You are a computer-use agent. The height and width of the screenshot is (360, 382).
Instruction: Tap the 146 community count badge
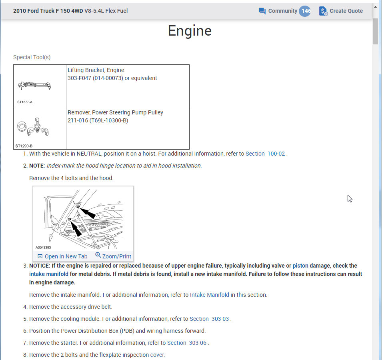tap(305, 11)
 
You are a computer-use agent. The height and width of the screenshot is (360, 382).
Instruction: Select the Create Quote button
tap(341, 11)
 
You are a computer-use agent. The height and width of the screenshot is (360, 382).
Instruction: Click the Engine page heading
tap(190, 31)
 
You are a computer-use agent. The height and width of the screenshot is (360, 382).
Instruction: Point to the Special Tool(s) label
tap(32, 57)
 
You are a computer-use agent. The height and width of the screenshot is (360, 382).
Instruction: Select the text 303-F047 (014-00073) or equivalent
tap(112, 78)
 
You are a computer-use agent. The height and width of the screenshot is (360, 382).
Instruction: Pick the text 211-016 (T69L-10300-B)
tap(98, 120)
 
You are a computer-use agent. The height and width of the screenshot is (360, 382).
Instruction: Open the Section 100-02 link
tap(265, 154)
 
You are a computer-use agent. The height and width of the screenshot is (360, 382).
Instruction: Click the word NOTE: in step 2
tap(37, 166)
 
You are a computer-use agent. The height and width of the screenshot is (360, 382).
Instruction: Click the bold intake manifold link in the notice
tap(49, 274)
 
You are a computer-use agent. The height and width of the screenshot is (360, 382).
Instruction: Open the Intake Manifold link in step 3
tap(210, 295)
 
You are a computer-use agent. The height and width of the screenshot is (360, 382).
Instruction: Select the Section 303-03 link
tap(209, 319)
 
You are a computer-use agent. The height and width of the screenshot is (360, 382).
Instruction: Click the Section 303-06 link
tap(187, 343)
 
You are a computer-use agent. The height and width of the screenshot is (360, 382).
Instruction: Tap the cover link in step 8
tap(157, 355)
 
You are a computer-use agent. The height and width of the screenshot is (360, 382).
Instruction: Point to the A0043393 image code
tap(43, 247)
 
